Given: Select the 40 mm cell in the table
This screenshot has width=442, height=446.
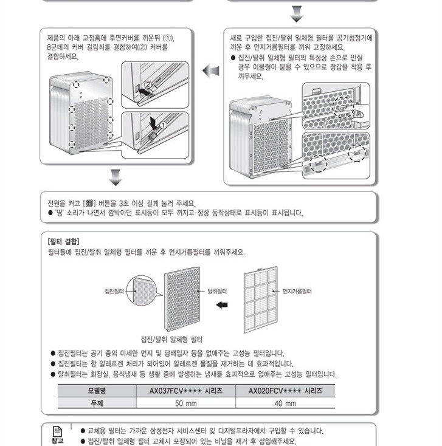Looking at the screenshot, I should pos(285,403).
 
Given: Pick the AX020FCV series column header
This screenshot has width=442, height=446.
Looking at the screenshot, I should pos(285,390).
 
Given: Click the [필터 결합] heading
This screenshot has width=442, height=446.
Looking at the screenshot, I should pos(64,241).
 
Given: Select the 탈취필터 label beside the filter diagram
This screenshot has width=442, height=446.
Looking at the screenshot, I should pos(218,292).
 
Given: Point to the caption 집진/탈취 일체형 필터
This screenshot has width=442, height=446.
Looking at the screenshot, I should pos(171,338).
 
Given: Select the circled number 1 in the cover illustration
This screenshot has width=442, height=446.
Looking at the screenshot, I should pos(162,124).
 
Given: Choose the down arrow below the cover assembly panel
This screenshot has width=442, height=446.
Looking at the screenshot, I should pos(116,178).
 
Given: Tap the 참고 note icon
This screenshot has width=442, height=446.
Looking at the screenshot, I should pos(57,434).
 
